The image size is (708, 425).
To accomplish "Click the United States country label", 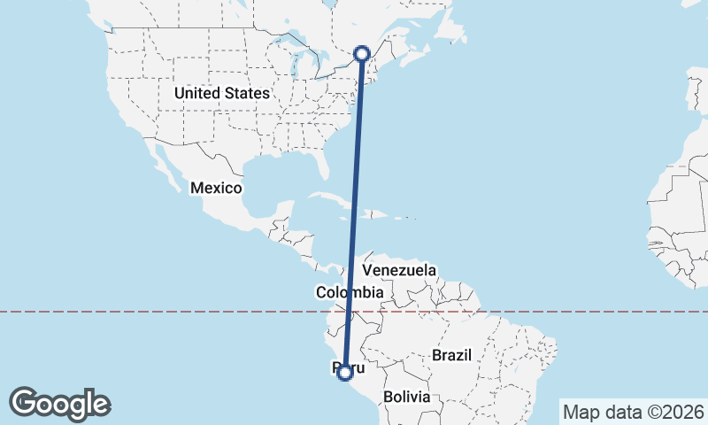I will point(222,93).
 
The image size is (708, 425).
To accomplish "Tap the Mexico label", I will point(216,188).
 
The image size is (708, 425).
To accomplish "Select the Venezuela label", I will point(400,269).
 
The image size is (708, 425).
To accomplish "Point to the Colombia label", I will point(350,292).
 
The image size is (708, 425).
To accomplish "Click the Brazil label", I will point(452,355).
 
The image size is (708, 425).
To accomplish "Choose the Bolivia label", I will point(406,398).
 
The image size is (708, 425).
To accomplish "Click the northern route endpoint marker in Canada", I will point(362,54).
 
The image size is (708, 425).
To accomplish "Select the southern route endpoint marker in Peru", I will point(345,374).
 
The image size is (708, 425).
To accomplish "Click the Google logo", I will point(59,404).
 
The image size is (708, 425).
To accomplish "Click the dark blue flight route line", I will point(354,212).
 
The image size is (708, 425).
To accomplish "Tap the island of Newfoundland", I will point(452,30).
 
